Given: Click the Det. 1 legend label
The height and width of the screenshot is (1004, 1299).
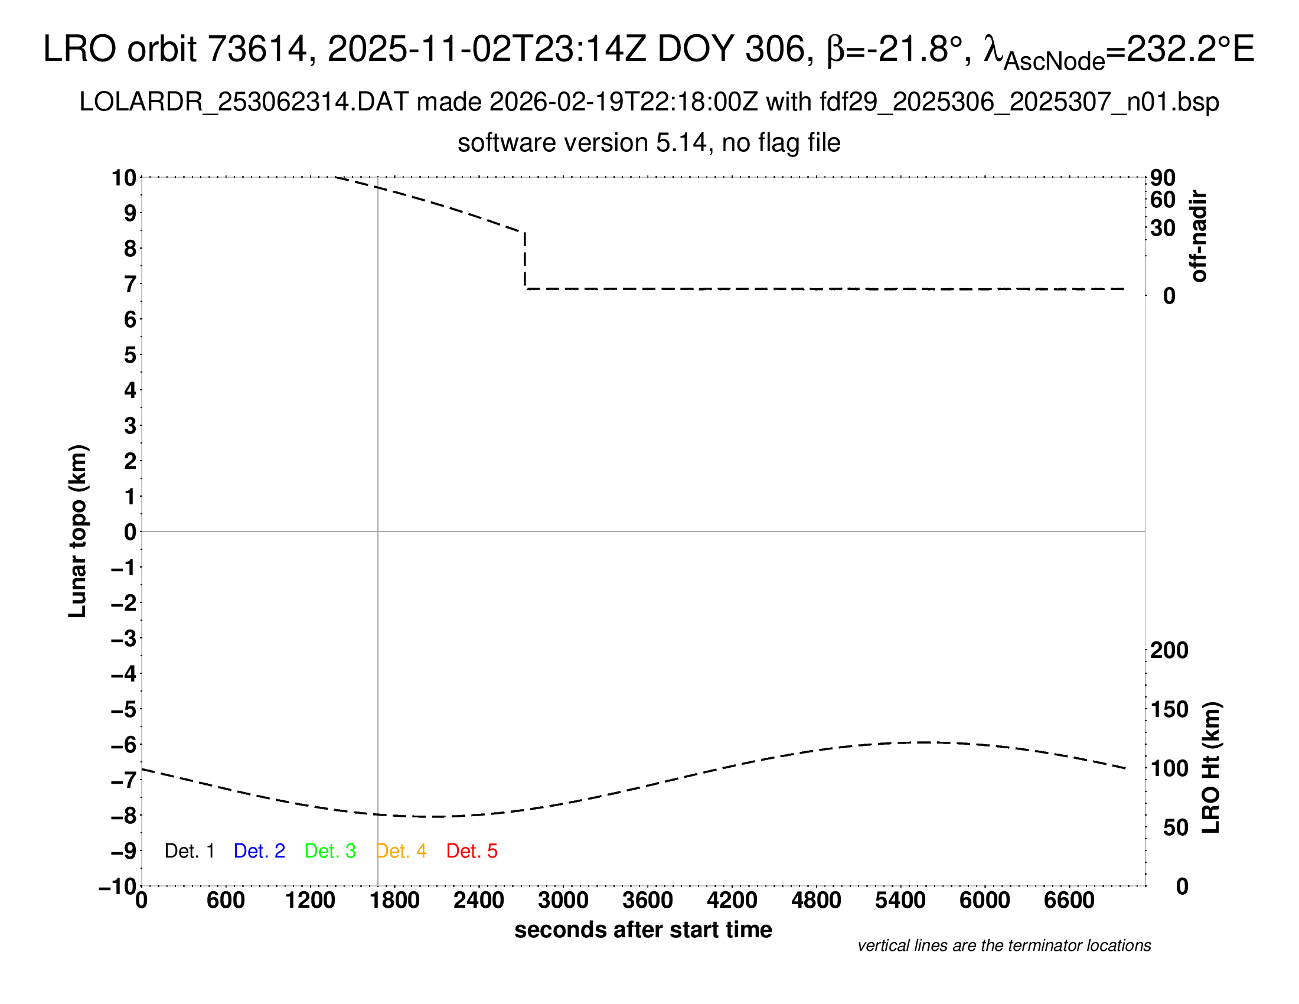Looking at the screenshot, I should [x=189, y=851].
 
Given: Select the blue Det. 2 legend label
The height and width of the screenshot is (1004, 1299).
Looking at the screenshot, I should [x=259, y=851].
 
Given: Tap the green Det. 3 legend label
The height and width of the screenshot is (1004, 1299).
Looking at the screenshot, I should [x=330, y=851].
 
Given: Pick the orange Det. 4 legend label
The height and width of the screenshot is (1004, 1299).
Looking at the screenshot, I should [x=401, y=851].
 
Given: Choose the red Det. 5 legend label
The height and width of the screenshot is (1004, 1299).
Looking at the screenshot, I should [x=472, y=851].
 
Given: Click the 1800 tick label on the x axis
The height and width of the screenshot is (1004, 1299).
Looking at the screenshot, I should [x=394, y=901].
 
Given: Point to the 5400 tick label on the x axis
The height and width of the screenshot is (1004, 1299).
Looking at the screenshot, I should [x=900, y=901].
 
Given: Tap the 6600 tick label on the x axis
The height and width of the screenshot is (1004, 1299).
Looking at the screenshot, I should [x=1069, y=901].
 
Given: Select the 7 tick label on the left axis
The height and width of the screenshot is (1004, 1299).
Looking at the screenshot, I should [x=130, y=284].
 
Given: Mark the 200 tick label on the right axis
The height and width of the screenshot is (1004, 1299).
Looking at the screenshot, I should [x=1169, y=650].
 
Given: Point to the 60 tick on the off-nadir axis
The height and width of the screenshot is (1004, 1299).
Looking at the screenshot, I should [x=1163, y=200].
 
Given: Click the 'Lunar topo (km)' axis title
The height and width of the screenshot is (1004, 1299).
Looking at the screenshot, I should [x=78, y=531].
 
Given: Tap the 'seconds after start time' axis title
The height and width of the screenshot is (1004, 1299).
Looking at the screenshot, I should [x=643, y=930].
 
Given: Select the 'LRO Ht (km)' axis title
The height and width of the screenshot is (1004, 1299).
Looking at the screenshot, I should [x=1211, y=768].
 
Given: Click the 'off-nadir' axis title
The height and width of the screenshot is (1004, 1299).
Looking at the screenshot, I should [x=1199, y=236].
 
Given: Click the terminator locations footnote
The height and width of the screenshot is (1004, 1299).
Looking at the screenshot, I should [x=1004, y=946].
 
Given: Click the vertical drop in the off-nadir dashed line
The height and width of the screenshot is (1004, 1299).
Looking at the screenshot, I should [x=524, y=260].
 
